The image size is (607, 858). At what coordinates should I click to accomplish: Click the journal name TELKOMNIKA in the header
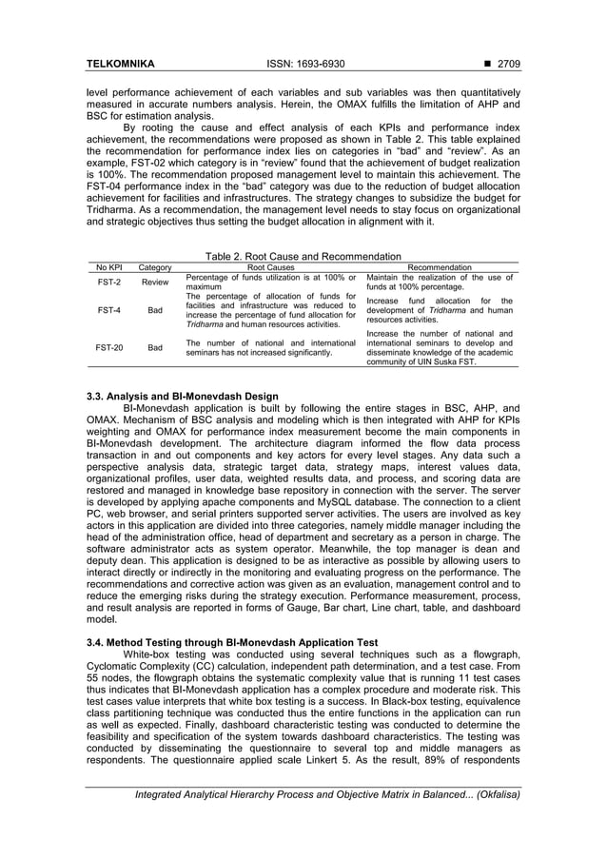[x=121, y=64]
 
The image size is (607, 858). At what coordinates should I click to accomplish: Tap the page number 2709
[x=505, y=64]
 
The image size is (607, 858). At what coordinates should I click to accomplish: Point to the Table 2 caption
[x=303, y=256]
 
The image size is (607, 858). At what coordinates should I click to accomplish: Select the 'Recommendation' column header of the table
[x=439, y=268]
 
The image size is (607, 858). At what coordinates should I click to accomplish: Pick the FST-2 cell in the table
[x=108, y=283]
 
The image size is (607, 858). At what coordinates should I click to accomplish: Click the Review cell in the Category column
[x=155, y=283]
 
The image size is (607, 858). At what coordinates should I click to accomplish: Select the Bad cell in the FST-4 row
[x=155, y=310]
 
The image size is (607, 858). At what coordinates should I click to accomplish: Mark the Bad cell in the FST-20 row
[x=155, y=348]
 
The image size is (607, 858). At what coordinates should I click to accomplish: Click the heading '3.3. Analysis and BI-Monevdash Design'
[x=182, y=396]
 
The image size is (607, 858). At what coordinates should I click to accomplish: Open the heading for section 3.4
[x=232, y=642]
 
